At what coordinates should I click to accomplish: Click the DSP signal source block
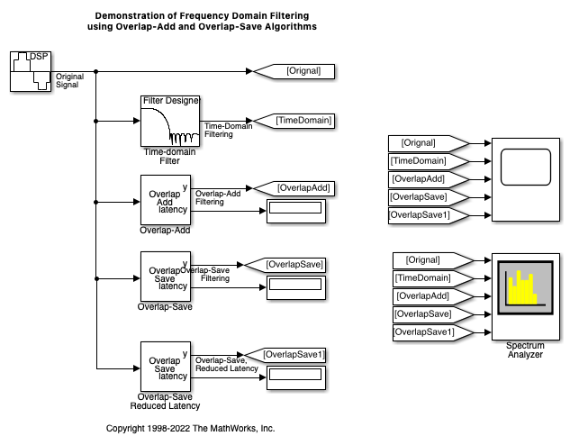[31, 71]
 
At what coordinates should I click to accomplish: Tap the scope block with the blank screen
[524, 178]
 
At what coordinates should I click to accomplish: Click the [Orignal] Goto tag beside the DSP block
[294, 71]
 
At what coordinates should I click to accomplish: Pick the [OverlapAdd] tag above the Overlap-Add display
[293, 188]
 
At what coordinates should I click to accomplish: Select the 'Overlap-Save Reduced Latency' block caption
[169, 402]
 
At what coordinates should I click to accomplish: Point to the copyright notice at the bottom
[191, 429]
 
